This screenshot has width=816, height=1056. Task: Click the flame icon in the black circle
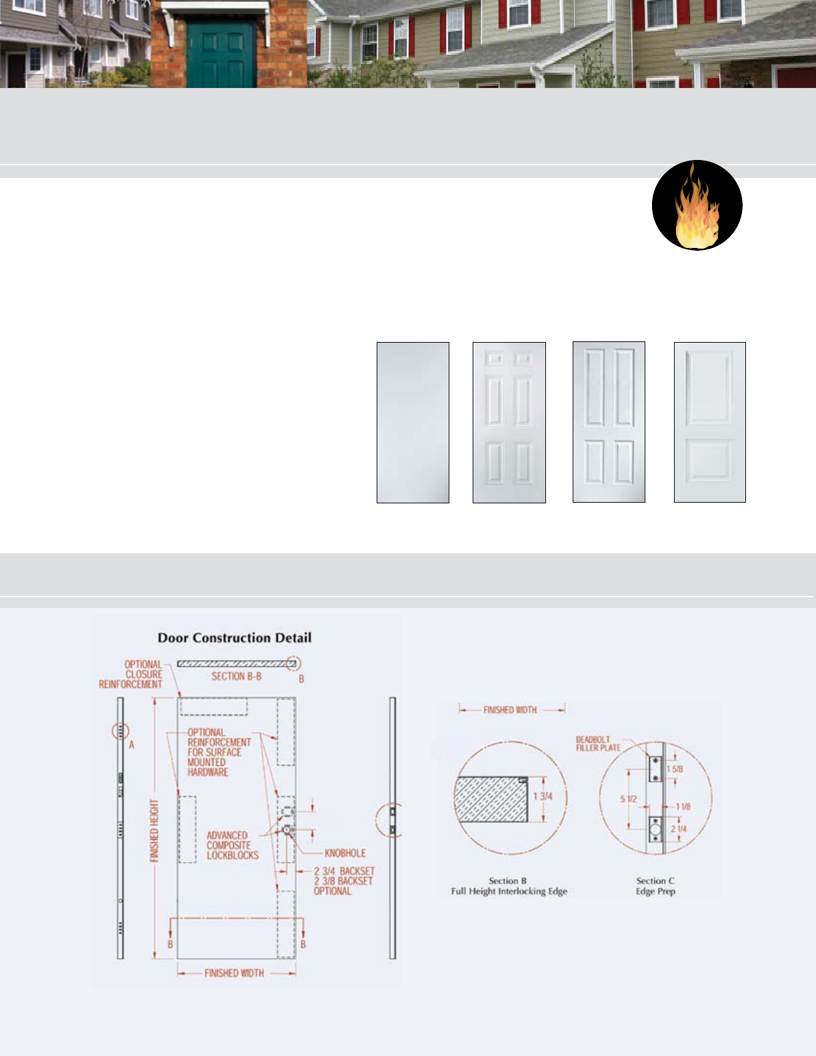697,206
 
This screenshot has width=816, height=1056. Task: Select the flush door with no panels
413,422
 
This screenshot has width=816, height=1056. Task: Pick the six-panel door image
509,422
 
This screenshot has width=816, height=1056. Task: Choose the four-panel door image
609,421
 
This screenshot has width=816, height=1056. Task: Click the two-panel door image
709,421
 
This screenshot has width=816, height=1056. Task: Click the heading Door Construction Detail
235,637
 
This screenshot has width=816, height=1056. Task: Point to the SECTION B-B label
237,676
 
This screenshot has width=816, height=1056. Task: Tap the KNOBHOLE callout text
345,853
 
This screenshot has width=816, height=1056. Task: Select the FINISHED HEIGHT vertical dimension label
155,831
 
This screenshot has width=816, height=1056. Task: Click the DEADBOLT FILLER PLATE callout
598,743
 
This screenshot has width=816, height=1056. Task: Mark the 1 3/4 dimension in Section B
543,796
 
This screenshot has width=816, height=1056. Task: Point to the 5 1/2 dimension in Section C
629,799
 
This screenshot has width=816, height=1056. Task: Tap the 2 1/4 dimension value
679,829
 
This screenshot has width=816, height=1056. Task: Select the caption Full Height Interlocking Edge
509,891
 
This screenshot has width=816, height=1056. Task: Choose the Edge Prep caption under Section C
655,891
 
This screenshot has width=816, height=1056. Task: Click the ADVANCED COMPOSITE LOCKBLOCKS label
232,845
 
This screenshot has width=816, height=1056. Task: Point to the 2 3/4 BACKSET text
344,871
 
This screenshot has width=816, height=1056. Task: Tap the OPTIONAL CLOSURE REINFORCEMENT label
131,674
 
